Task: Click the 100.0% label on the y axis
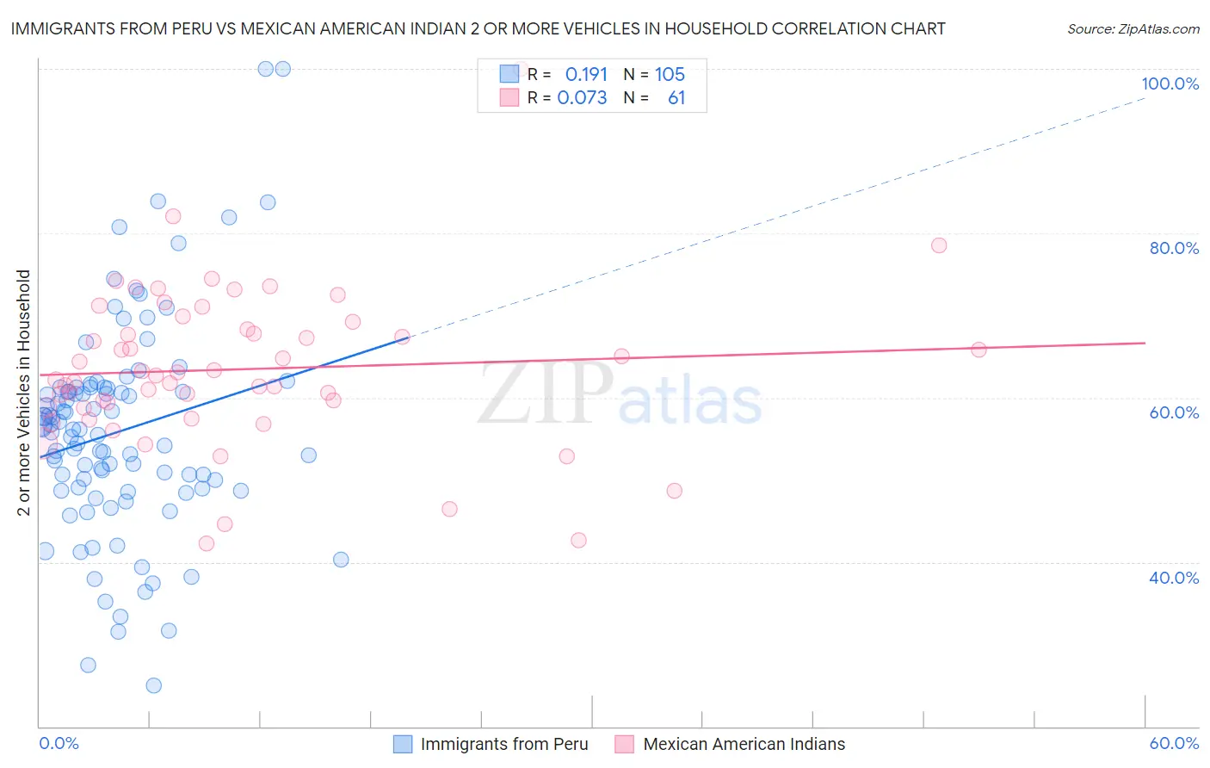[1170, 84]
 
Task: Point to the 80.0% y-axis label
[1174, 248]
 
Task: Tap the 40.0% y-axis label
[1174, 578]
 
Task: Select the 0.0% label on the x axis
[59, 743]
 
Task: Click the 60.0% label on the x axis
[1174, 743]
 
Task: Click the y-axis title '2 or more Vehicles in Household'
[24, 393]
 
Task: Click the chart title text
[478, 29]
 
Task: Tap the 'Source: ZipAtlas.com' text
[1133, 29]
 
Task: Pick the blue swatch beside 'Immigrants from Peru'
[403, 744]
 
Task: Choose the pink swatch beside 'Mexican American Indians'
[625, 744]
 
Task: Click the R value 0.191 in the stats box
[586, 75]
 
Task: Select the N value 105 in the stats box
[670, 75]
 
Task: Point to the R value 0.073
[582, 98]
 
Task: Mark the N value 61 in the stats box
[676, 98]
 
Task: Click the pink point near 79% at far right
[939, 245]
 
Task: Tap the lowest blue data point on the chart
[154, 685]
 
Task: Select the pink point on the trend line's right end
[978, 350]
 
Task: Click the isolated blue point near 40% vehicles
[341, 560]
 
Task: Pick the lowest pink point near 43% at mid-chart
[578, 540]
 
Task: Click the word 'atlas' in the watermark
[690, 401]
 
